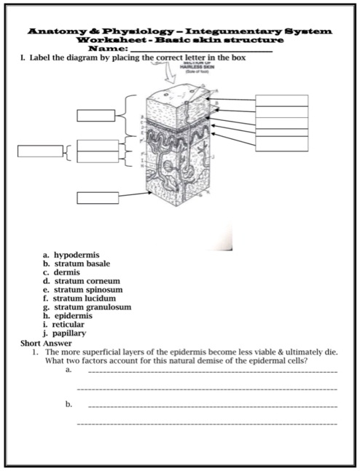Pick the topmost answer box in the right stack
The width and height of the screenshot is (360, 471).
(x=281, y=100)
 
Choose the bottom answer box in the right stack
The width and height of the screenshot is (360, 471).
(x=281, y=143)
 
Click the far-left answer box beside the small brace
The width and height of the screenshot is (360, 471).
(x=40, y=151)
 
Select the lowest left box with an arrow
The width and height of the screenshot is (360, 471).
(x=97, y=197)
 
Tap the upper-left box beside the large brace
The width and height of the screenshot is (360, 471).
(x=97, y=115)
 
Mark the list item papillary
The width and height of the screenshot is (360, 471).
(x=69, y=333)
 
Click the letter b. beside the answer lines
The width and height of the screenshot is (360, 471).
(x=69, y=403)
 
